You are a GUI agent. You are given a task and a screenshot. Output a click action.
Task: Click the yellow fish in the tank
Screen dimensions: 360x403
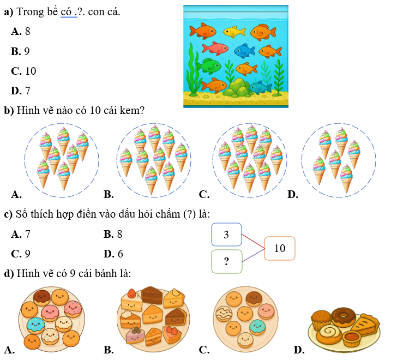tap(234, 32)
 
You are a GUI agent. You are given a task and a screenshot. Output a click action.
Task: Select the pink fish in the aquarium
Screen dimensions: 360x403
tap(215, 49)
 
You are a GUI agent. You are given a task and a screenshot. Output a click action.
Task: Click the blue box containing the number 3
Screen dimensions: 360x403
tap(226, 235)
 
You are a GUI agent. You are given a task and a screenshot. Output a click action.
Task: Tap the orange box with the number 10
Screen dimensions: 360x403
tap(279, 248)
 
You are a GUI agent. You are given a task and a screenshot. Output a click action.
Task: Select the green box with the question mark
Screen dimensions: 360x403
tap(226, 262)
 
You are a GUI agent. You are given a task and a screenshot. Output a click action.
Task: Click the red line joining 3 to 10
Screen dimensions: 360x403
tap(252, 241)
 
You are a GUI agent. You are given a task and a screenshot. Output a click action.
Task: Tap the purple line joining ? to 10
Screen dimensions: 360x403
tap(252, 255)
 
